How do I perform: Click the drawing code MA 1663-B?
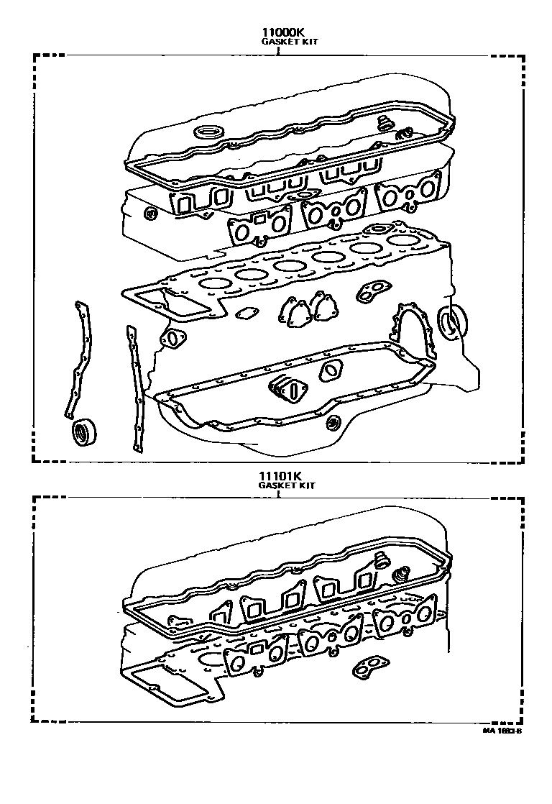[x=501, y=731]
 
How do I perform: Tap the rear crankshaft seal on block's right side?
[x=451, y=321]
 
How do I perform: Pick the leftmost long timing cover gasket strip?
[x=76, y=360]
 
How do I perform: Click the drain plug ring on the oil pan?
[x=332, y=421]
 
